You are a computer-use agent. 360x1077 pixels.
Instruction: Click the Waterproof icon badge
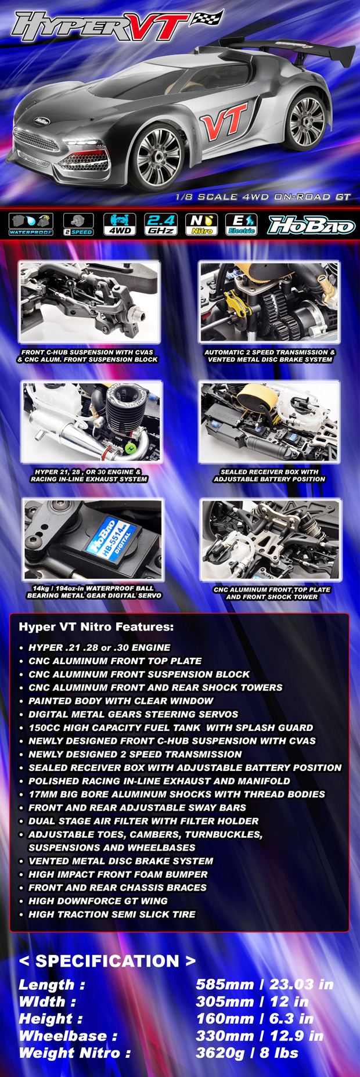(x=31, y=224)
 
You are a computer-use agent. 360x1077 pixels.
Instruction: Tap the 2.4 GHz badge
(x=161, y=224)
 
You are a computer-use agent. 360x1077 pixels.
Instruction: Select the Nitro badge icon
(x=201, y=224)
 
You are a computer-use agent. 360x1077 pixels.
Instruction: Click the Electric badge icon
(x=242, y=224)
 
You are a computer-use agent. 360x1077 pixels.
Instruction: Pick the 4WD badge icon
(x=120, y=224)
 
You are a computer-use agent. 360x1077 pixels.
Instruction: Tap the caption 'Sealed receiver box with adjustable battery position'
(x=269, y=476)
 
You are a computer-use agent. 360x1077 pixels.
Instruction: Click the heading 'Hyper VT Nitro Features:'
(x=96, y=627)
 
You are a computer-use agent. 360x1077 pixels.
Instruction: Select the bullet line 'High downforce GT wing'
(x=98, y=900)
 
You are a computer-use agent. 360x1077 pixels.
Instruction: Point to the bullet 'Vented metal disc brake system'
(x=121, y=860)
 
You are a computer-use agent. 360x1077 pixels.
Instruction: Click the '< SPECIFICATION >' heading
(x=107, y=961)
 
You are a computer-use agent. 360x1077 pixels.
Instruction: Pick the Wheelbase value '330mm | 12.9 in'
(x=260, y=1036)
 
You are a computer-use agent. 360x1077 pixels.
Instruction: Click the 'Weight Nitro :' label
(x=75, y=1053)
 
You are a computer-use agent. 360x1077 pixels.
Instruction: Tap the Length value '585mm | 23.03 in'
(x=264, y=985)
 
